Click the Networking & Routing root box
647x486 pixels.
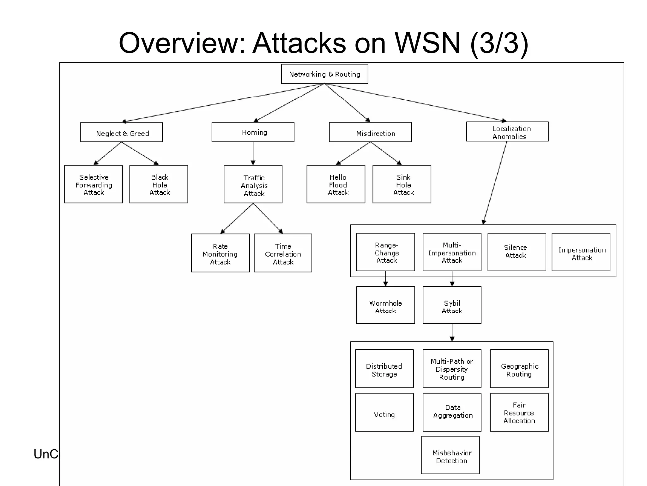[324, 74]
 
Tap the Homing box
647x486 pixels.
[253, 132]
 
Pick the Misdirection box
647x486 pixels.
[370, 132]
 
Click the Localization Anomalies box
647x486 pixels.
[507, 132]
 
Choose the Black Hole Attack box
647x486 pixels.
[159, 184]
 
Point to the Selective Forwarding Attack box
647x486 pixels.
[93, 184]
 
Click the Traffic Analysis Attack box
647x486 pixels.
[253, 184]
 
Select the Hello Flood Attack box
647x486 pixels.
[336, 184]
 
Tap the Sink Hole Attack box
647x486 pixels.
[402, 184]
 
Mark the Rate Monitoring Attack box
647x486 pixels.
[220, 253]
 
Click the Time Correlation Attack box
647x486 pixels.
[283, 253]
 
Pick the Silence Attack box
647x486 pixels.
[517, 252]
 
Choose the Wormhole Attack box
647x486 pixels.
[385, 305]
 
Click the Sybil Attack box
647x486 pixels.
[452, 305]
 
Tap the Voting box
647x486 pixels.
[384, 412]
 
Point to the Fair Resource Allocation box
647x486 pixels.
[519, 412]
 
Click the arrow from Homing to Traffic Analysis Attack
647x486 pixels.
[253, 153]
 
